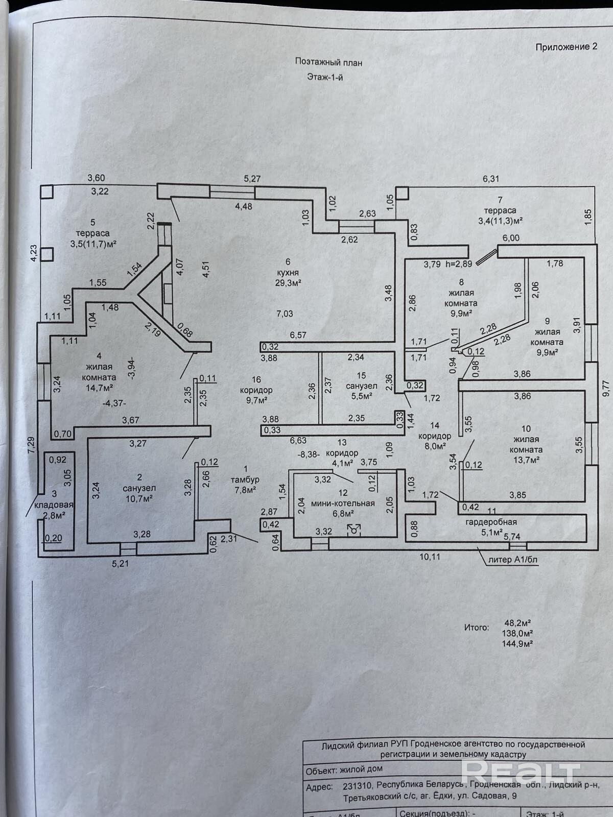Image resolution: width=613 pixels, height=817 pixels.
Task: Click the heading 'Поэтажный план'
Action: point(328,62)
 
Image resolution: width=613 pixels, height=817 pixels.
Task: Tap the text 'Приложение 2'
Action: point(566,47)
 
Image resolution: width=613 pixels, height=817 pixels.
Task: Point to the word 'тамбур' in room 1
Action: point(246,479)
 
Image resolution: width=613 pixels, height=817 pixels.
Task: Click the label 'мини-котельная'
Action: point(343,503)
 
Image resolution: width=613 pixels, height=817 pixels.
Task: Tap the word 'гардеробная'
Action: point(491,522)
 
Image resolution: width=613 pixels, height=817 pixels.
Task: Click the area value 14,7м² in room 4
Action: point(99,387)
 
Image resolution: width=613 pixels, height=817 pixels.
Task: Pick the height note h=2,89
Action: point(459,264)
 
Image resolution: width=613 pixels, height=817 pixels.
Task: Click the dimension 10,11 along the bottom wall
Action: point(429,557)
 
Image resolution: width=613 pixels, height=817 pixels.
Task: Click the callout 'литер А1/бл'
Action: point(513,559)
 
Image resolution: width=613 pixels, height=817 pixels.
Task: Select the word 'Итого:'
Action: point(476,627)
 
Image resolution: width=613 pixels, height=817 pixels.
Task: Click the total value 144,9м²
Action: point(518,643)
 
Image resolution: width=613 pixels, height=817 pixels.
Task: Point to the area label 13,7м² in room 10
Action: point(526,460)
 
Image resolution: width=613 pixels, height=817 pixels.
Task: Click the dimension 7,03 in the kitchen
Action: point(285,314)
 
